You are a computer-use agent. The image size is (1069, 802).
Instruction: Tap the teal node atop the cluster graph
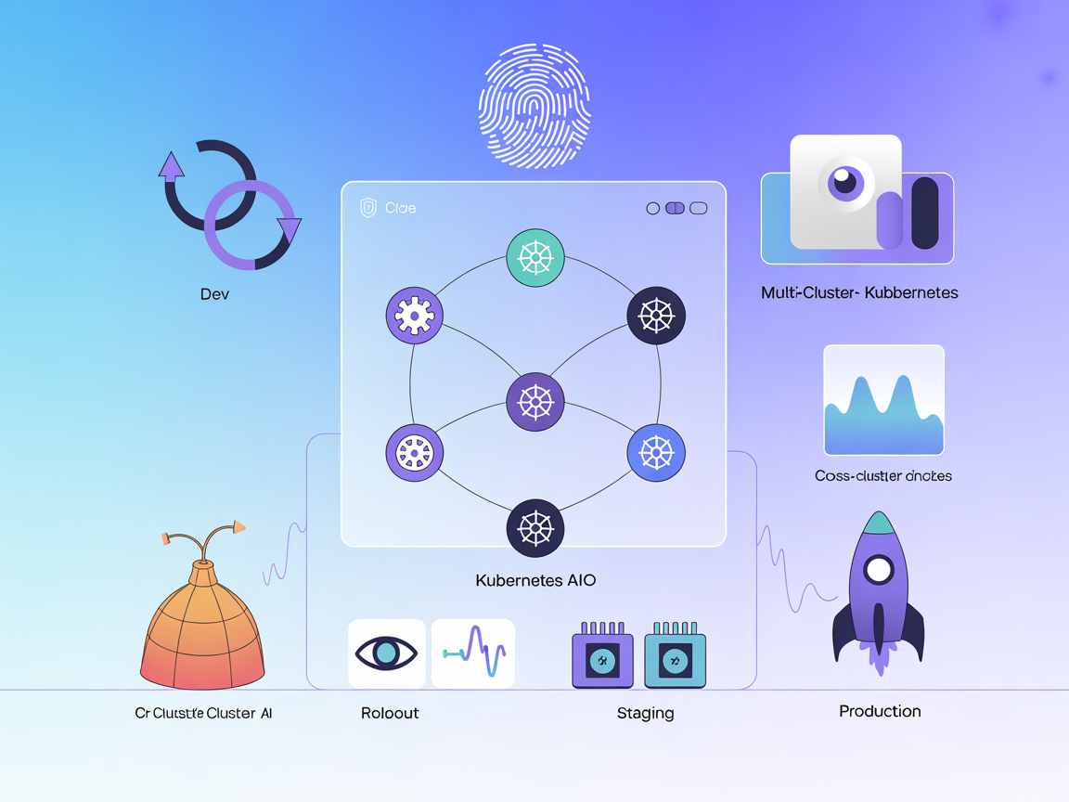[535, 257]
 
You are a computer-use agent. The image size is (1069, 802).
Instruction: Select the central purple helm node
[535, 402]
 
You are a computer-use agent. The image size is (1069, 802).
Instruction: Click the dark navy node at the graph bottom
[535, 527]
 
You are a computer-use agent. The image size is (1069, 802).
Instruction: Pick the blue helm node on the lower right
[656, 453]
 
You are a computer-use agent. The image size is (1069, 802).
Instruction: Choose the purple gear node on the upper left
[414, 315]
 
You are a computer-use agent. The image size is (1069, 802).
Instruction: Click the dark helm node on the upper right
[656, 315]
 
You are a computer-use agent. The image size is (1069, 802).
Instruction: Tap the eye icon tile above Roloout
[387, 653]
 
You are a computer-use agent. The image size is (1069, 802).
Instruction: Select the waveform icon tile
[473, 653]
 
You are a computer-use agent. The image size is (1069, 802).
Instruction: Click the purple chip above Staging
[602, 658]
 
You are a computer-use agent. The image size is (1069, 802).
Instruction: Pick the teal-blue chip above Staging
[675, 658]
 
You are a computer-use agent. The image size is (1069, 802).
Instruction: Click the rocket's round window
[878, 569]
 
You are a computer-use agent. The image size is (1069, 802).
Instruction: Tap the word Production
[880, 711]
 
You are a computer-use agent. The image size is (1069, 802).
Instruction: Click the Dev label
[214, 294]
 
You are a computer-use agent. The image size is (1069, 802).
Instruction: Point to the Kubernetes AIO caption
[535, 580]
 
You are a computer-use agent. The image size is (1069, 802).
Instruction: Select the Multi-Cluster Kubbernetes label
[859, 292]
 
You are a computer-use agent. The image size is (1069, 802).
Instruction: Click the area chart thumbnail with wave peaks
[883, 400]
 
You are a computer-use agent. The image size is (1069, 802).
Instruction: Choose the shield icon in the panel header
[368, 208]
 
